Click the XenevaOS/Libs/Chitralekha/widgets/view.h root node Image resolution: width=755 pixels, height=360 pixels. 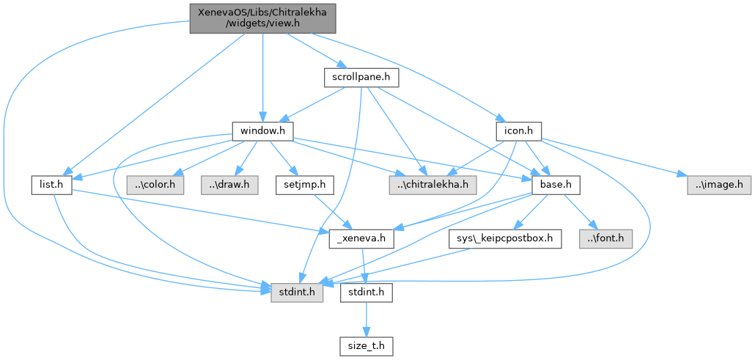click(x=262, y=18)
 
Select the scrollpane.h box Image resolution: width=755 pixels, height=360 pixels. click(x=355, y=76)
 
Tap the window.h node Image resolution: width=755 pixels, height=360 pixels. click(x=262, y=131)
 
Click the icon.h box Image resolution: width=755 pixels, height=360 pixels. click(x=518, y=131)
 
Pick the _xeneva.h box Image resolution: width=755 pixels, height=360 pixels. click(x=362, y=239)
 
